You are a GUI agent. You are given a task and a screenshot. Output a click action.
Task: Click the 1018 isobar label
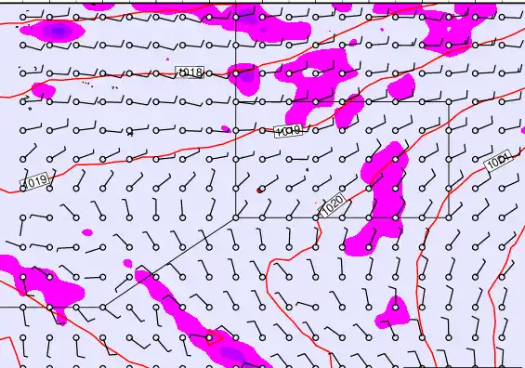pos(191,72)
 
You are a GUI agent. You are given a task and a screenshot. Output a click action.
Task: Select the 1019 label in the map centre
pos(289,132)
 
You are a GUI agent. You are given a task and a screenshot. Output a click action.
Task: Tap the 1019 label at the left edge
pos(35,180)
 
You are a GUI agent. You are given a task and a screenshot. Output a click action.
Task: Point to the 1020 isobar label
pos(333,204)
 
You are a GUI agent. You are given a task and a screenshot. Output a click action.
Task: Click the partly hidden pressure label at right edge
pos(499,162)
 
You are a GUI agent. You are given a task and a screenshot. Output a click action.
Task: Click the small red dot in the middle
pos(260,190)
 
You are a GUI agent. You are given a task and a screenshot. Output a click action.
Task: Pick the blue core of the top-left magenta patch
pos(58,32)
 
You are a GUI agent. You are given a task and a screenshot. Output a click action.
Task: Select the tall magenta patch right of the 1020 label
pos(379,200)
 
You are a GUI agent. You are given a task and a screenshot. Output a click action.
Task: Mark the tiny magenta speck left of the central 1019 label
pos(225,128)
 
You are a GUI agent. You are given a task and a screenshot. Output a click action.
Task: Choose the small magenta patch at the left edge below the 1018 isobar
pos(43,90)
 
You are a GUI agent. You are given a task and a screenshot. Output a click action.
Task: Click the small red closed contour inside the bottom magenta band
pos(208,336)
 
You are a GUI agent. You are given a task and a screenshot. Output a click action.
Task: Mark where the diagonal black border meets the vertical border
pos(235,217)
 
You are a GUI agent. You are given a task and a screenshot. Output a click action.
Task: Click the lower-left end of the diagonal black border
pos(101,306)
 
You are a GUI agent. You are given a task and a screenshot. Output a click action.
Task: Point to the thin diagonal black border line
pos(167,262)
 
